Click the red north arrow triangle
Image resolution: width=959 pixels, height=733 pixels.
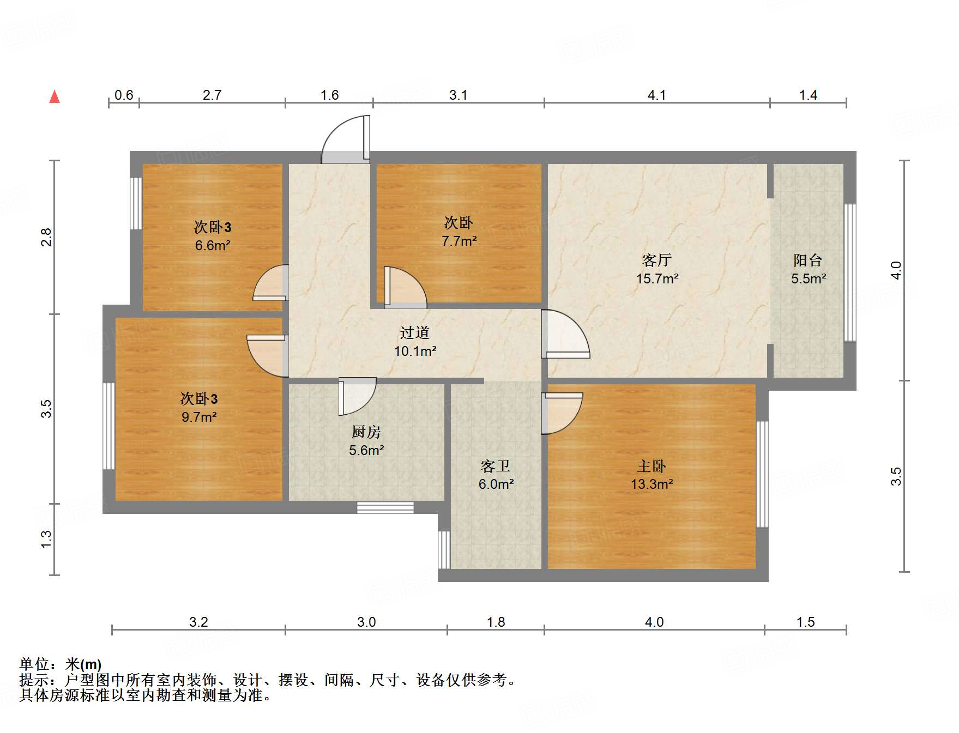55,97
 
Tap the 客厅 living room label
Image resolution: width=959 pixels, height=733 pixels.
656,260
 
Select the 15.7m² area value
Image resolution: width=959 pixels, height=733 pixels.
657,278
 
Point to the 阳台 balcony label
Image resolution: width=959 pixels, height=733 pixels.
807,260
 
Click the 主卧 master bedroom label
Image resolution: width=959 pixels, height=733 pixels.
652,466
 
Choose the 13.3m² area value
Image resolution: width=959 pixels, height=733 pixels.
652,484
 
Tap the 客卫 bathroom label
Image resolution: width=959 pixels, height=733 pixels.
496,466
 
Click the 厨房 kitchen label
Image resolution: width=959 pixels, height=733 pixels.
366,432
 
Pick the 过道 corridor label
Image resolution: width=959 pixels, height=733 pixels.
414,332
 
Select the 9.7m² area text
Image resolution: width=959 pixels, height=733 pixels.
199,417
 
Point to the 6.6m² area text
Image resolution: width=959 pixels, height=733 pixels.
213,245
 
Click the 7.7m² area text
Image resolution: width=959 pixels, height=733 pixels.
459,240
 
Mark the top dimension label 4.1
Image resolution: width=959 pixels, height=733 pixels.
656,95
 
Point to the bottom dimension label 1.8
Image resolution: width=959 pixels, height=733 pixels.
496,622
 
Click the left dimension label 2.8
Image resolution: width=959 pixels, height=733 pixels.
47,237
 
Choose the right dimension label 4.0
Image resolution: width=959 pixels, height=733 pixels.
896,270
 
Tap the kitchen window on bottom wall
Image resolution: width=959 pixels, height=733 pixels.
385,507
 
